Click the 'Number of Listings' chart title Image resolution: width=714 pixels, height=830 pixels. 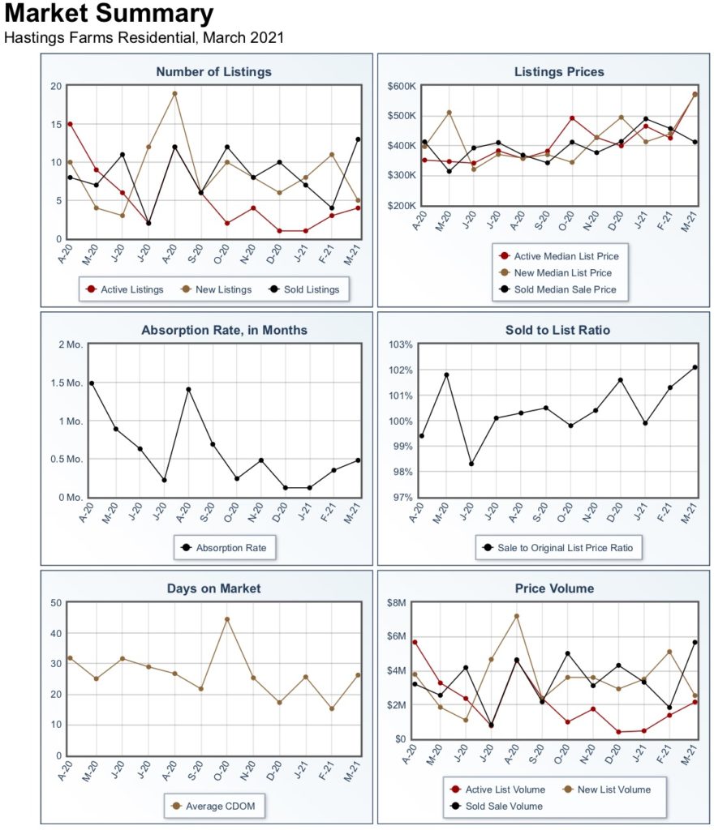213,72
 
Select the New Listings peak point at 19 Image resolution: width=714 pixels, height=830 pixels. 174,94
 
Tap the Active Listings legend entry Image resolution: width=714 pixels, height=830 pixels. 125,289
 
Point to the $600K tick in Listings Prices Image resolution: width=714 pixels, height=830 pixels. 402,86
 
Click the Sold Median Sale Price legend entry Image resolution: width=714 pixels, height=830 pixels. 558,289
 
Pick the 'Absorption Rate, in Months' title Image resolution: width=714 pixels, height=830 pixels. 224,331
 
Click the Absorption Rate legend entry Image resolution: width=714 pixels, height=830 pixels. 224,548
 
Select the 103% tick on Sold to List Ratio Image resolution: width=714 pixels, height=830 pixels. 401,344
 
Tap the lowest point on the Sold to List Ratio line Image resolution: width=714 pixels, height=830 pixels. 471,464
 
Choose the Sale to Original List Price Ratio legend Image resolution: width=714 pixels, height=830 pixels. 558,548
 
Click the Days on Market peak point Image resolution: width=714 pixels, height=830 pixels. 227,618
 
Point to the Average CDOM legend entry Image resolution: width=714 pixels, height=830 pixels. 214,806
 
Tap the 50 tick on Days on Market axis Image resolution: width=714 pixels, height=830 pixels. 56,603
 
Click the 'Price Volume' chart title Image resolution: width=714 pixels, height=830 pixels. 555,588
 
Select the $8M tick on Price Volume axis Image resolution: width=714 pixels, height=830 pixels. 396,603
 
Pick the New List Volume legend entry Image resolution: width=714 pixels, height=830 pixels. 607,789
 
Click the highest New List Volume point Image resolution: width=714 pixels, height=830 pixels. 516,616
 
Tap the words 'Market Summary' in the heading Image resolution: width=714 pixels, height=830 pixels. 109,13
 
